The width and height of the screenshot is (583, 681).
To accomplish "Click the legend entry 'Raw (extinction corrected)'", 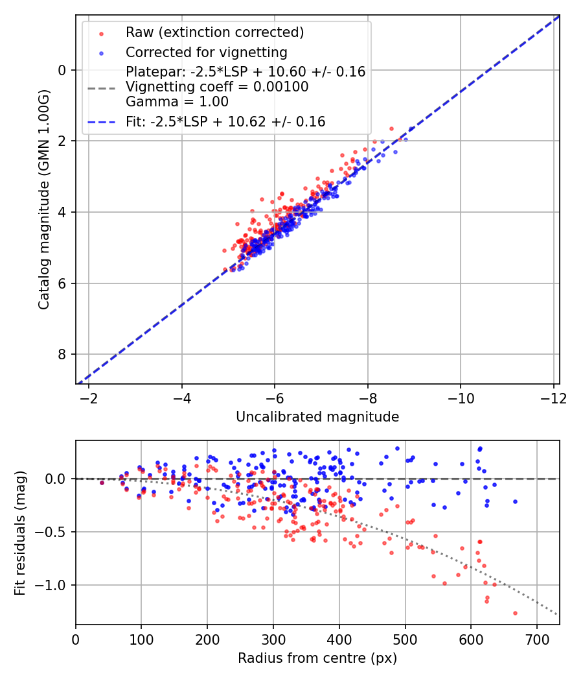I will (214, 32).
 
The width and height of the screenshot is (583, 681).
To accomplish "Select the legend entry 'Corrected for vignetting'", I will (206, 52).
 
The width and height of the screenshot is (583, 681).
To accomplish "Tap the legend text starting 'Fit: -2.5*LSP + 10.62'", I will (225, 121).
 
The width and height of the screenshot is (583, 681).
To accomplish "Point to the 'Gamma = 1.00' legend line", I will (177, 101).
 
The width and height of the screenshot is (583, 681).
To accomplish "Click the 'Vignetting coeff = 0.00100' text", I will (217, 87).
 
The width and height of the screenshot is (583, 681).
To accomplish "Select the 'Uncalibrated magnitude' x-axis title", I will (317, 416).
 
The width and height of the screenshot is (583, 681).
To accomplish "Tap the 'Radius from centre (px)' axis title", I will (317, 658).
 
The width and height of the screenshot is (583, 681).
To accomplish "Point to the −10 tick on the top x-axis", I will (461, 396).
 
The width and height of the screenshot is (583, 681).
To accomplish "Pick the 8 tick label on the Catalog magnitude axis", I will (62, 354).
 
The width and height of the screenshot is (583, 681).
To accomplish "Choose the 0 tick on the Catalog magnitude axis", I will (62, 70).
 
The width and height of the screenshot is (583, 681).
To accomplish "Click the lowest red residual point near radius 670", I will (515, 613).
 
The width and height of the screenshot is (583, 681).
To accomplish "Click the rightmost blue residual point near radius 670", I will (515, 501).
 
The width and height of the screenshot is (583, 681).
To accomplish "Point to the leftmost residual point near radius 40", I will (102, 483).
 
